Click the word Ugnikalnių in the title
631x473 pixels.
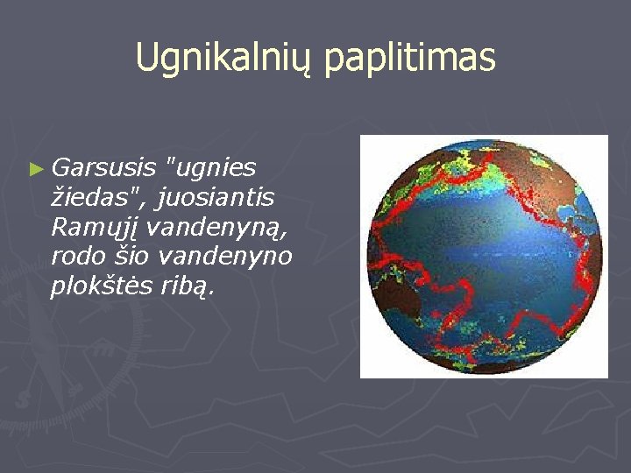224,58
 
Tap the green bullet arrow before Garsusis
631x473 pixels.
36,169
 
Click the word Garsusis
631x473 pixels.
103,167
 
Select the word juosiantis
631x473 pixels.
215,198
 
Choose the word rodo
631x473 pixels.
78,256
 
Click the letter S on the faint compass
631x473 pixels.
23,399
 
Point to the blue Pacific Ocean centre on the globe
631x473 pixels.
483,250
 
